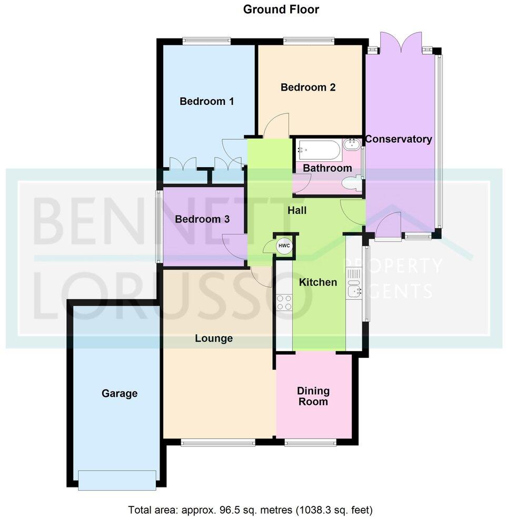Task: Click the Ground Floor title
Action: tap(281, 9)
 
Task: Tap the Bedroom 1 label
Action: tap(206, 101)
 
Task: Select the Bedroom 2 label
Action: tap(308, 87)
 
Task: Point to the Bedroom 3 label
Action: tap(202, 219)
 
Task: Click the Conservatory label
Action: tap(399, 139)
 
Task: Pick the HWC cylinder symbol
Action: tap(284, 246)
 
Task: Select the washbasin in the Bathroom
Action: tap(350, 144)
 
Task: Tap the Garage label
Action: tap(120, 393)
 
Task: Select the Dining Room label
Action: tap(313, 396)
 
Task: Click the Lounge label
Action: tap(214, 338)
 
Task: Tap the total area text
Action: tap(251, 510)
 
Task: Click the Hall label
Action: tap(297, 211)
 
